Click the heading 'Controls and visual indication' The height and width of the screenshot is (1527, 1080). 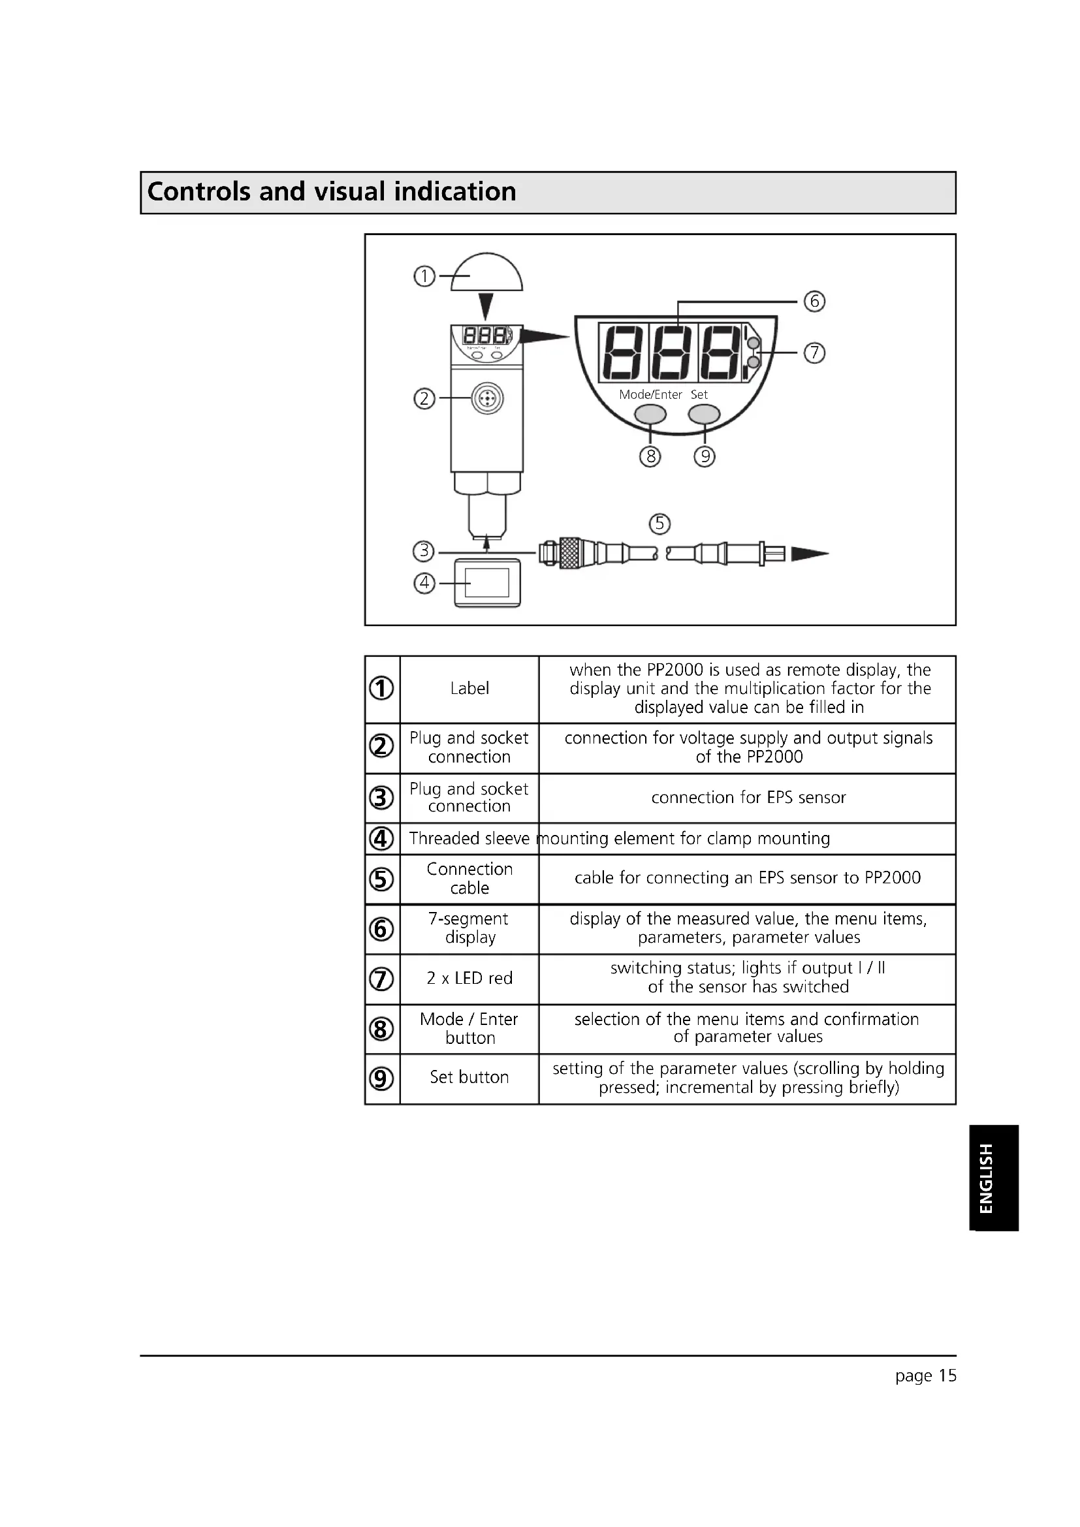pyautogui.click(x=331, y=192)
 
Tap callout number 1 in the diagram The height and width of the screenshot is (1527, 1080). pyautogui.click(x=424, y=276)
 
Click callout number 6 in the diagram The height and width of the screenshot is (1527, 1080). pyautogui.click(x=814, y=301)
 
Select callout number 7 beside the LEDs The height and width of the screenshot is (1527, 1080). pyautogui.click(x=814, y=353)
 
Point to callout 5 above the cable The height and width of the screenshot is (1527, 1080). pyautogui.click(x=659, y=524)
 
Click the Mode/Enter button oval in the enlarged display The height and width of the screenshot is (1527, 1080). pyautogui.click(x=650, y=415)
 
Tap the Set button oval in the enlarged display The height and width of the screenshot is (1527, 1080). pyautogui.click(x=704, y=415)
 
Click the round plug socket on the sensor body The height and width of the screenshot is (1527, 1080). pyautogui.click(x=488, y=399)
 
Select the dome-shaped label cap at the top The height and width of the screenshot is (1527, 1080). pyautogui.click(x=488, y=273)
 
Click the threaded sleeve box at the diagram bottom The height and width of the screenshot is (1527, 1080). pyautogui.click(x=488, y=583)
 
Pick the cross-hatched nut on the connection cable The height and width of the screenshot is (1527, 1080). pyautogui.click(x=570, y=554)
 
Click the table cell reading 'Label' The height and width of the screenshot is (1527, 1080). pyautogui.click(x=469, y=689)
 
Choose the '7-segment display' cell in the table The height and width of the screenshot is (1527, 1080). pyautogui.click(x=469, y=928)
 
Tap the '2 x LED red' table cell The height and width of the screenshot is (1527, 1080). pyautogui.click(x=469, y=979)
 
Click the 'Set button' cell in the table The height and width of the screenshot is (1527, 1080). pyautogui.click(x=469, y=1077)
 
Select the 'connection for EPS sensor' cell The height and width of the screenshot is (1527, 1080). pyautogui.click(x=748, y=797)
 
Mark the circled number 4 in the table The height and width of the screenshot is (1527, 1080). pyautogui.click(x=381, y=839)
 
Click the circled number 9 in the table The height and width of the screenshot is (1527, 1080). pyautogui.click(x=381, y=1078)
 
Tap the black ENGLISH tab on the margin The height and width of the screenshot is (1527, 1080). pyautogui.click(x=993, y=1178)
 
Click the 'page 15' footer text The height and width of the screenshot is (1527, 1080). pyautogui.click(x=925, y=1376)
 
